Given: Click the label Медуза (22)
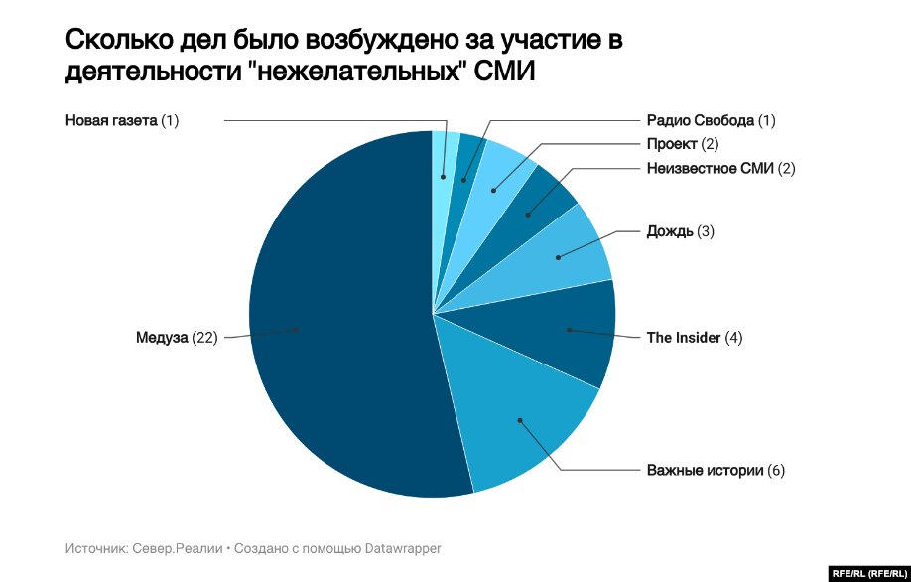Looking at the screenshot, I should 177,338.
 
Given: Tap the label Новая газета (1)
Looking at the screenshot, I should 121,121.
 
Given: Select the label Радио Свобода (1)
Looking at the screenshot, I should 711,121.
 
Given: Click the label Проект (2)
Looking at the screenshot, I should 683,144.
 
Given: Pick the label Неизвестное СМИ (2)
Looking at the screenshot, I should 720,168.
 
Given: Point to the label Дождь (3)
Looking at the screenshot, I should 680,231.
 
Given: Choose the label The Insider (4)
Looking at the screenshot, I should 694,338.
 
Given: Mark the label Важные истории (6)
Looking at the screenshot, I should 715,470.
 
